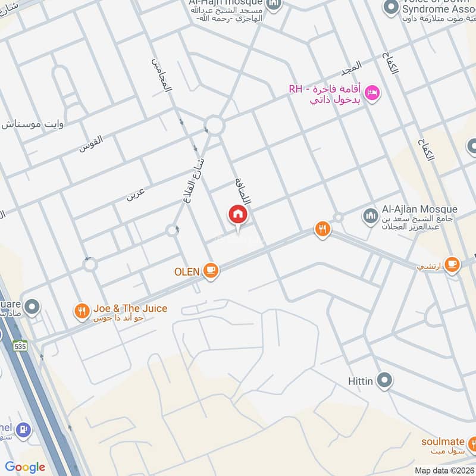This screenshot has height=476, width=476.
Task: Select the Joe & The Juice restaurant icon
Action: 82,310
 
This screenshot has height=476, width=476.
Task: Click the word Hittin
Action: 360,380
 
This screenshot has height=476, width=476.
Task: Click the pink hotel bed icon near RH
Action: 372,93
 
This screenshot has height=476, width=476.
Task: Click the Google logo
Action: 25,467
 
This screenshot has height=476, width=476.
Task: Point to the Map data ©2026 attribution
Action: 445,470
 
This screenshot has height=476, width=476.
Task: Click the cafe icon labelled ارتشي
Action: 452,264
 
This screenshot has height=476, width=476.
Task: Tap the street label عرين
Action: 134,193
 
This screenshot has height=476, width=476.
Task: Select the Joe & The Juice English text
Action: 130,308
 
